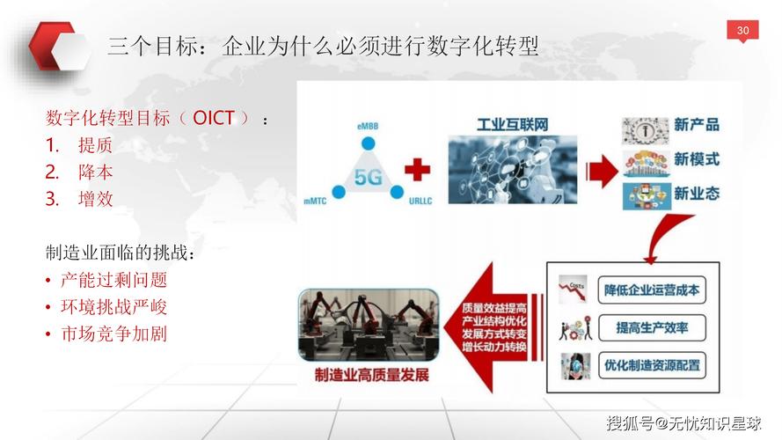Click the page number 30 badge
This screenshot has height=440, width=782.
[742, 32]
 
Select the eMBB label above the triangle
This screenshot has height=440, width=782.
[368, 127]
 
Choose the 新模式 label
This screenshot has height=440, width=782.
[697, 159]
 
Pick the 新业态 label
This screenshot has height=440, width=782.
[697, 193]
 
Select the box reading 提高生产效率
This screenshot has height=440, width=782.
[652, 328]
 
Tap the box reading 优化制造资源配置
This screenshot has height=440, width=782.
[652, 364]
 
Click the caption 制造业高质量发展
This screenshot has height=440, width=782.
[372, 375]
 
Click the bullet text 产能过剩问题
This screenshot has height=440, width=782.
[113, 280]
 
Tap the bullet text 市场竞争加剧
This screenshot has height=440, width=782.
[113, 334]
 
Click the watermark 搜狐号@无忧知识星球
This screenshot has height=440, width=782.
[684, 423]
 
